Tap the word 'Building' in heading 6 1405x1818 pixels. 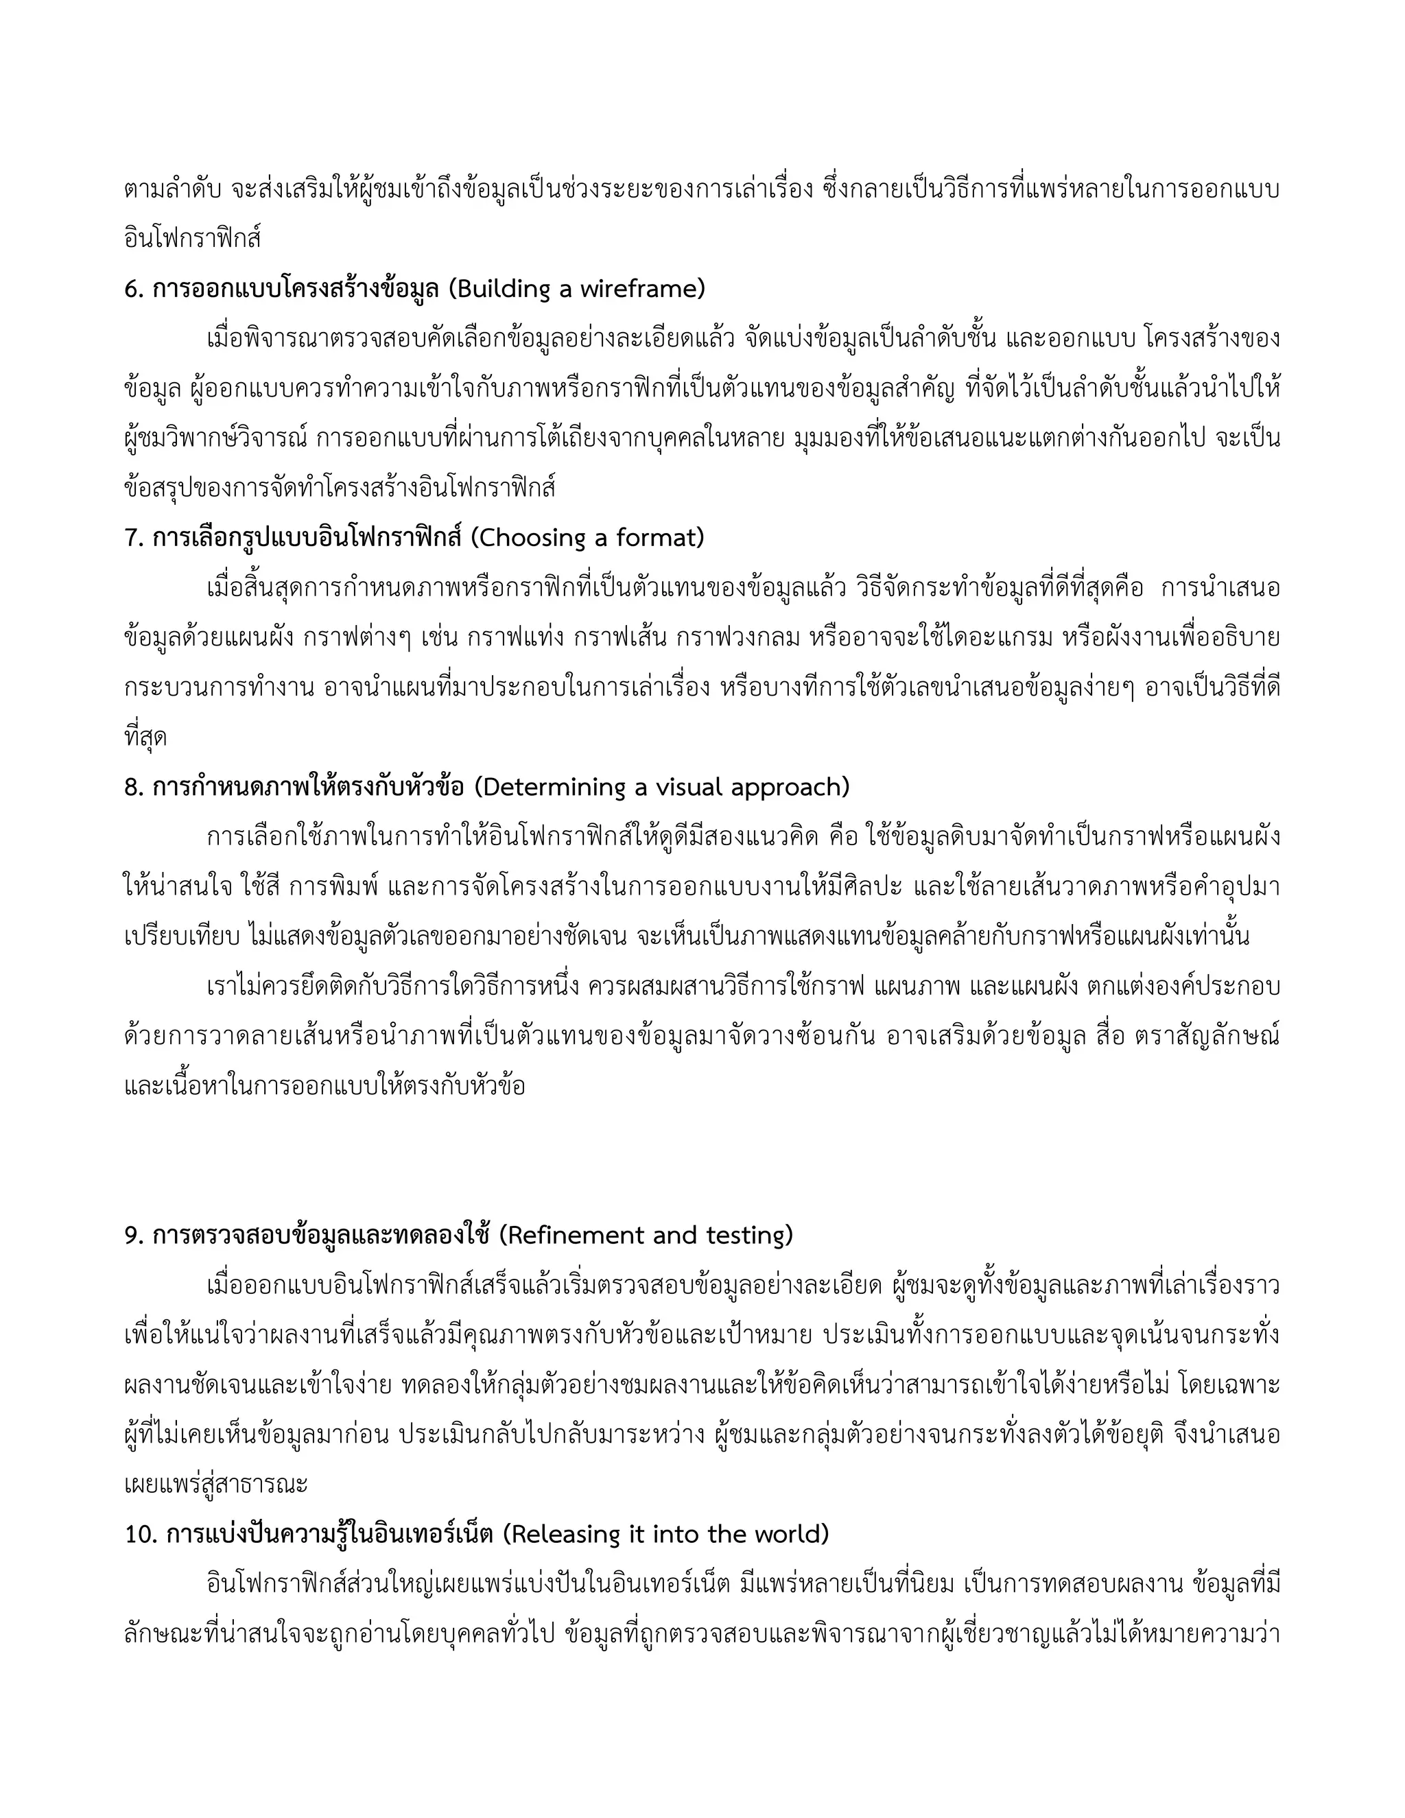[x=504, y=289]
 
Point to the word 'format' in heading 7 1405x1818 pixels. [x=659, y=538]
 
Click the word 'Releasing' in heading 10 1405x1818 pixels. [x=563, y=1534]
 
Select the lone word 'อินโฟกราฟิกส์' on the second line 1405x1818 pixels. [x=192, y=239]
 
